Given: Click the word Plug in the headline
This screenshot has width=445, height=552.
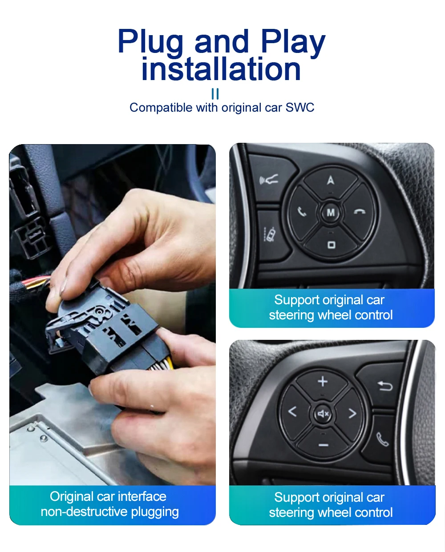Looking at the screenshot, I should pos(150,41).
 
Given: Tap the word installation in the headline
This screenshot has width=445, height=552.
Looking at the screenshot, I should pos(221,69).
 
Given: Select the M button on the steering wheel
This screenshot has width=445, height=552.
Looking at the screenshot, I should pos(331,213).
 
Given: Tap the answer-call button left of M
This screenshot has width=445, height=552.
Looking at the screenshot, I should pos(302,212).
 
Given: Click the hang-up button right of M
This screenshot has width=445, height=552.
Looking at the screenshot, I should pos(360,211).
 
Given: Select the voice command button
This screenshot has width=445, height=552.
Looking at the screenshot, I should pos(269,179).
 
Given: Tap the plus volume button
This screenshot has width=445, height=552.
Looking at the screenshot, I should pos(323,382).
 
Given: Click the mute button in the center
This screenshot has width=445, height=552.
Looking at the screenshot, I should pos(323,414).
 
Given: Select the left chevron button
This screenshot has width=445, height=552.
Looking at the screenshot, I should pos(292,412).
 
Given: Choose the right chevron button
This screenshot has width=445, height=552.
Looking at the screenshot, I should pos(352,414).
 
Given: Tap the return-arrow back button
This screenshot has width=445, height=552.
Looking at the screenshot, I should pos(384,386).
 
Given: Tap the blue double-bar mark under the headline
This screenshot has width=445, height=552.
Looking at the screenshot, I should pos(215,94).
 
